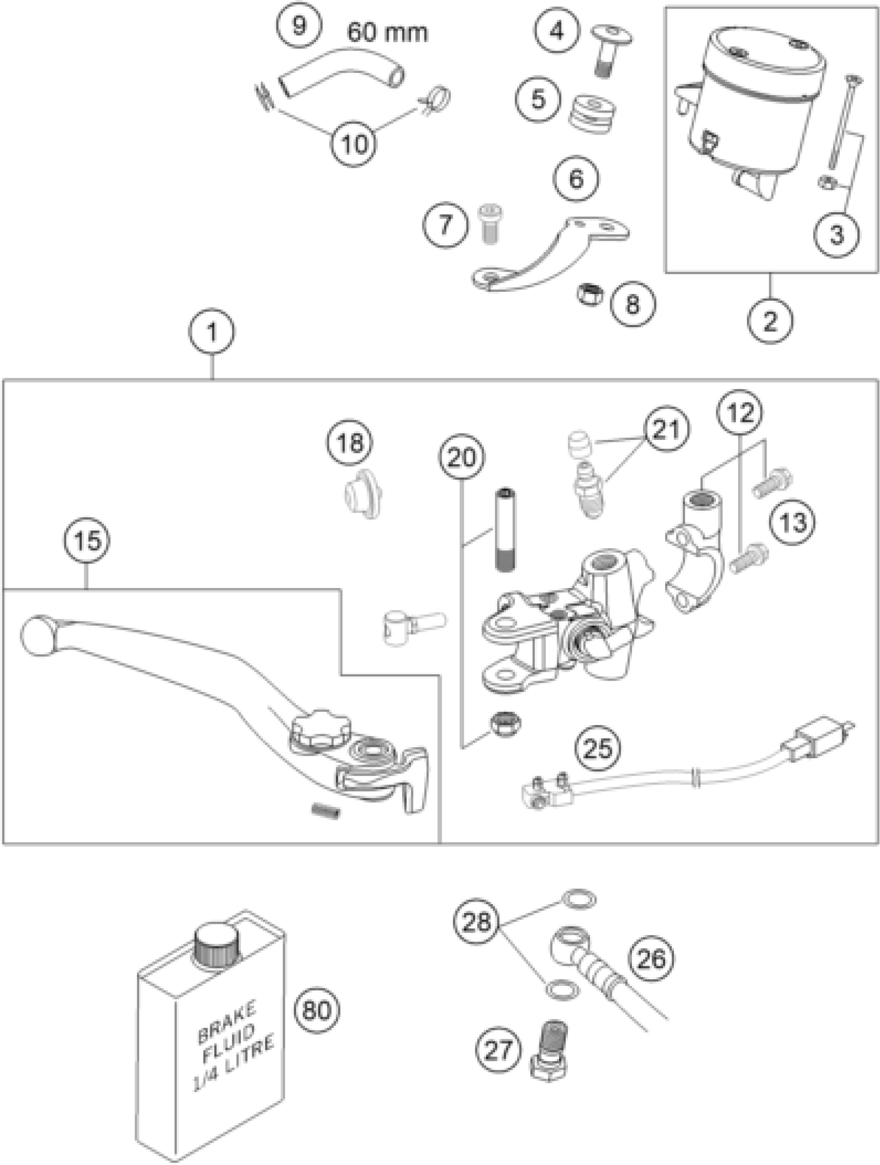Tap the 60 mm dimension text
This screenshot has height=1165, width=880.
pos(387,33)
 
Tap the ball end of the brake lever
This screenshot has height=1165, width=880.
pos(37,636)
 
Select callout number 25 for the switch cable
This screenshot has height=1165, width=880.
pos(598,747)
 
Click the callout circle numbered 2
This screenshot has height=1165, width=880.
pos(770,320)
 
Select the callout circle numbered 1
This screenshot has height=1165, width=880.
pos(212,332)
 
